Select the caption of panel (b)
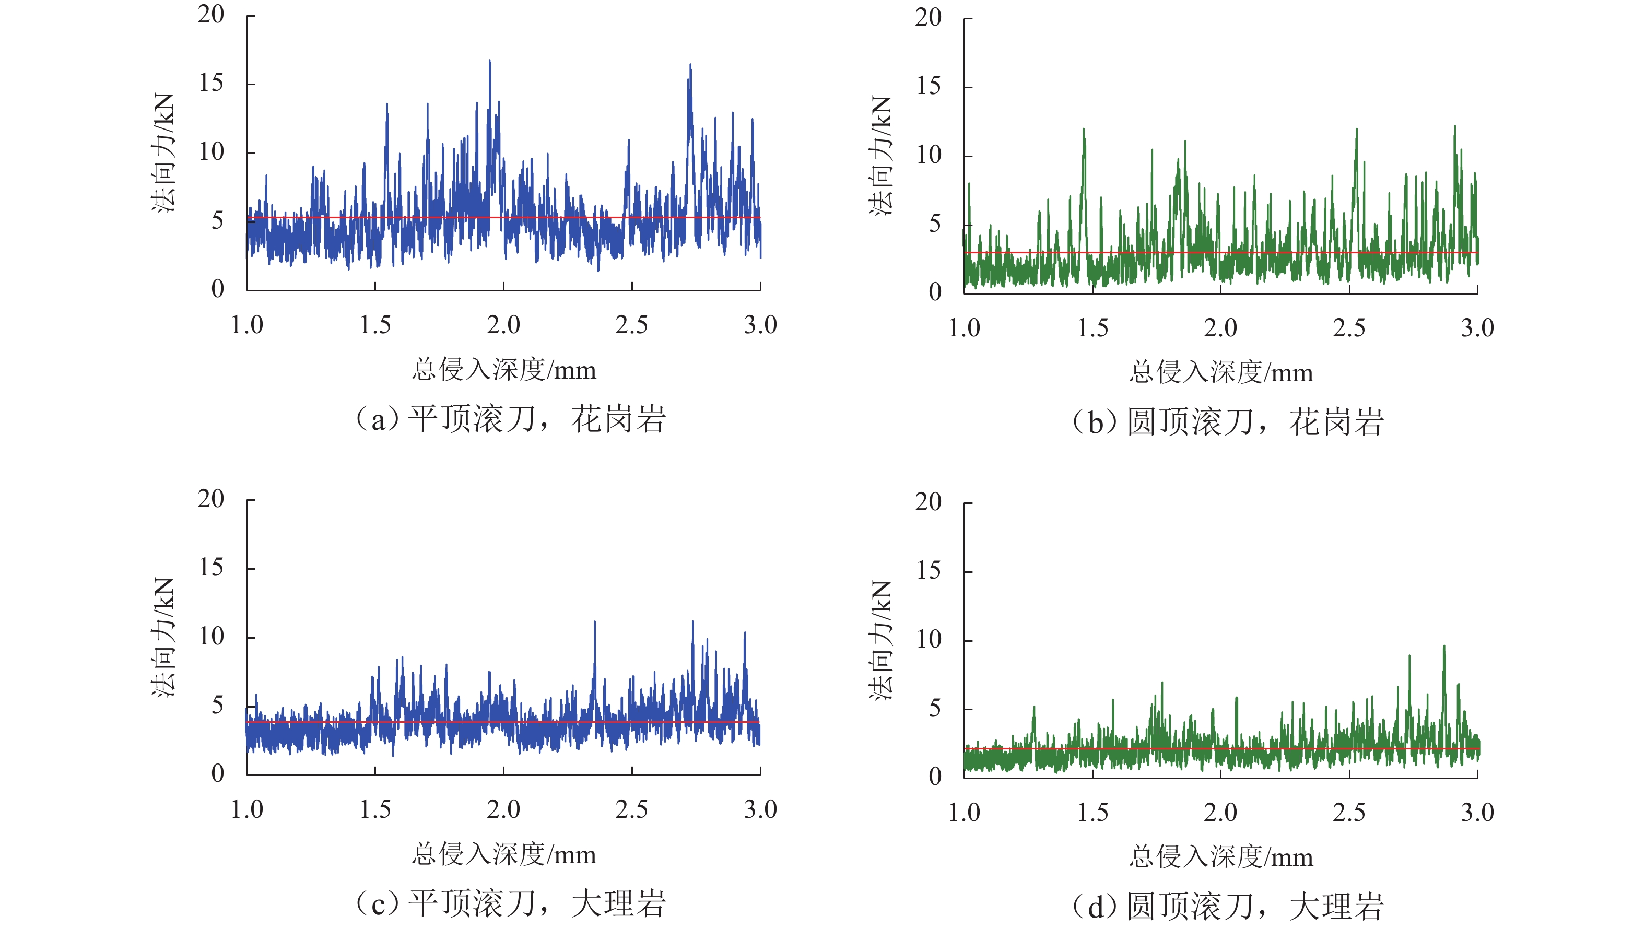pos(1227,422)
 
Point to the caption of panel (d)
pos(1227,906)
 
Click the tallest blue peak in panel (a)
pos(490,62)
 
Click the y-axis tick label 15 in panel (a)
pos(211,83)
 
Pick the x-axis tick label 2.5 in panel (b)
pos(1349,328)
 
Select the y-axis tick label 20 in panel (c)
pos(211,499)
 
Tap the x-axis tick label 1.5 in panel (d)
pos(1092,813)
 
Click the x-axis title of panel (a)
pos(504,370)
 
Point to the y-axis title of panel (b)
pos(880,155)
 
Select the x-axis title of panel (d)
pos(1221,856)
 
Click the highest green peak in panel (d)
pos(1444,647)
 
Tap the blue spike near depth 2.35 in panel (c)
pos(595,622)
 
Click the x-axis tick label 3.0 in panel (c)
pos(760,810)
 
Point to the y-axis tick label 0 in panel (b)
pos(935,292)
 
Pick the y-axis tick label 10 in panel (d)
pos(929,639)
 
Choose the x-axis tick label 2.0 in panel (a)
pos(503,325)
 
